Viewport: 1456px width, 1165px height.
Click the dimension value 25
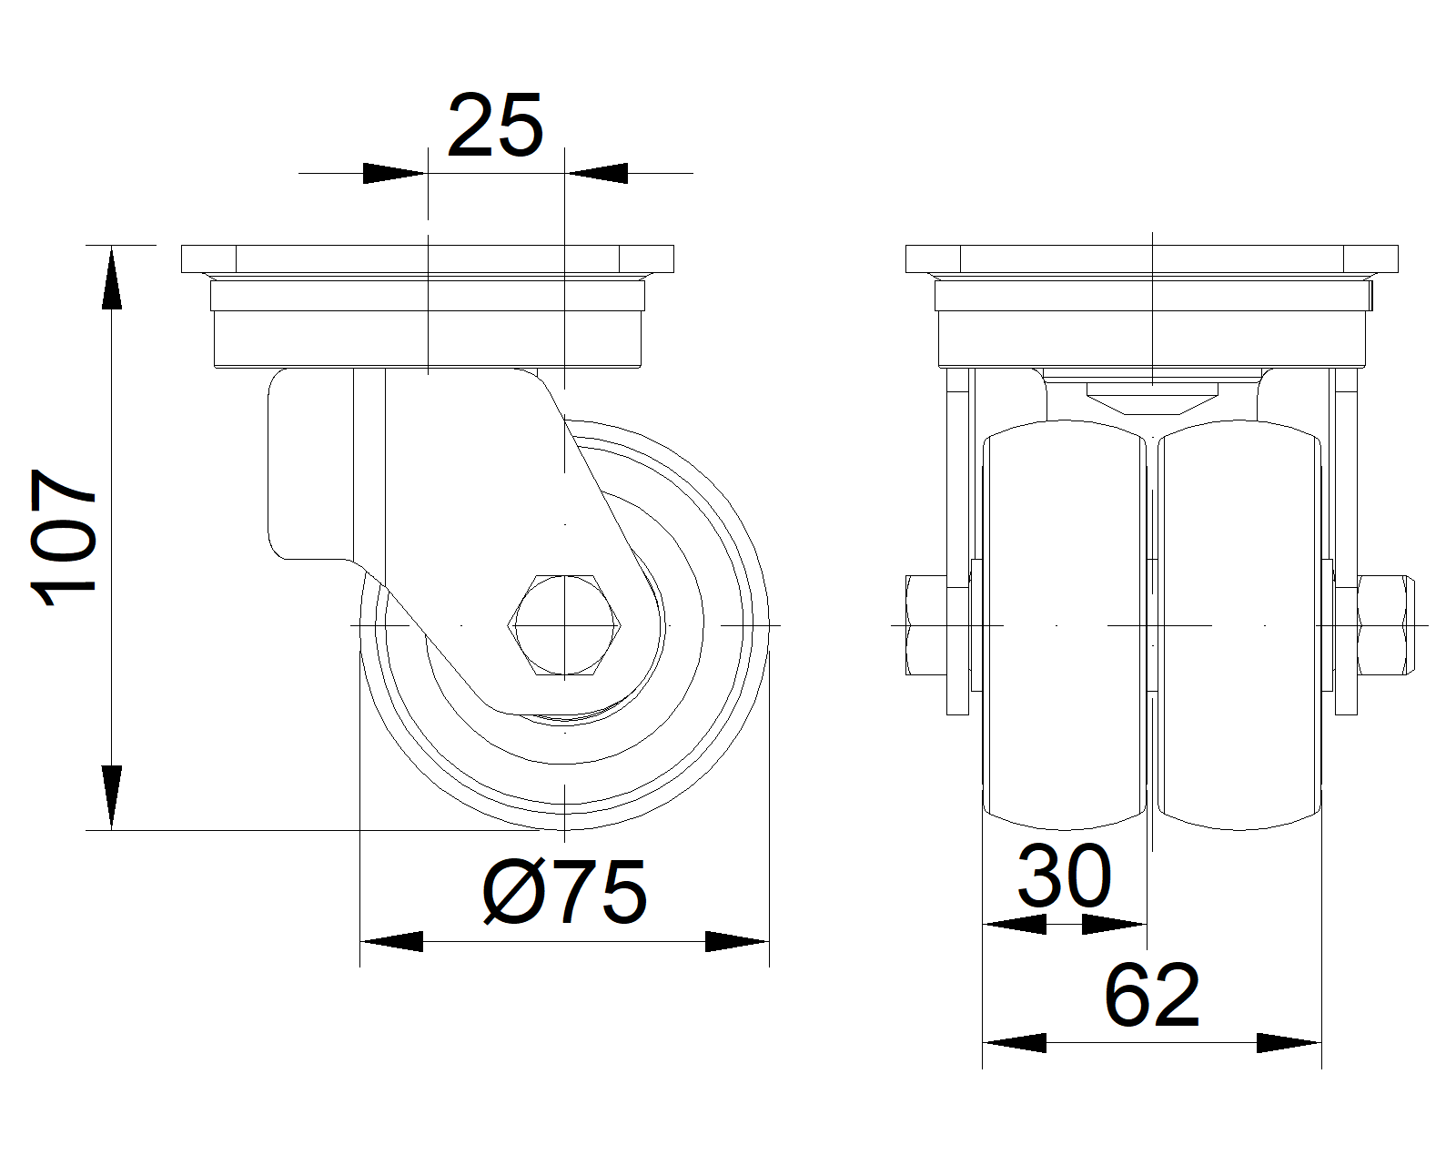495,126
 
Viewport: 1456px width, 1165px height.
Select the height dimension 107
64,537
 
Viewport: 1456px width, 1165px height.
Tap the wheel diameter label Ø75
565,892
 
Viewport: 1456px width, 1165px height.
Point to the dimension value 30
1065,876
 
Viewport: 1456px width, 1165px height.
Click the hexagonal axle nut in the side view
564,625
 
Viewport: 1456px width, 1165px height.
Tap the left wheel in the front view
1065,624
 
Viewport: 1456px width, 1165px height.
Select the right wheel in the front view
1239,624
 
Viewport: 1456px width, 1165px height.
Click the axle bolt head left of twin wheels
926,624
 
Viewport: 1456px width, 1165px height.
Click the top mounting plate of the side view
428,258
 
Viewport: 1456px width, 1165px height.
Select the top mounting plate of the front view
1152,258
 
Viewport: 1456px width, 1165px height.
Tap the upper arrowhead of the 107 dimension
112,278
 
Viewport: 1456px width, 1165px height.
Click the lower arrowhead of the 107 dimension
112,797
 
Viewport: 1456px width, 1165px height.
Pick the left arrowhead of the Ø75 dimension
391,941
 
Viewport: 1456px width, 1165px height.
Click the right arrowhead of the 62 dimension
1289,1042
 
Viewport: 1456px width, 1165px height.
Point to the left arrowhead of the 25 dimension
395,173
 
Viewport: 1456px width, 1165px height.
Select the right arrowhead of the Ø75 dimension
737,941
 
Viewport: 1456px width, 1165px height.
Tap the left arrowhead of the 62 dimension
1014,1042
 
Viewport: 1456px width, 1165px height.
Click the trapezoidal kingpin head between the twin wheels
1152,399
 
